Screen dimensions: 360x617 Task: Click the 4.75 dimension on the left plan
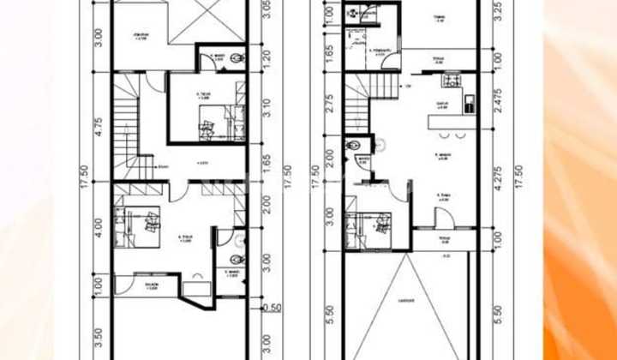(99, 126)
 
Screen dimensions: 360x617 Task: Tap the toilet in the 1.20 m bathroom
(236, 59)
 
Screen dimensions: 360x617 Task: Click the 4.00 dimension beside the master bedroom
(99, 227)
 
